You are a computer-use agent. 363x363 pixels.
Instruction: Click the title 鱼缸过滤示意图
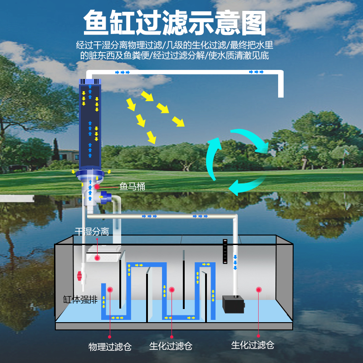pyautogui.click(x=174, y=23)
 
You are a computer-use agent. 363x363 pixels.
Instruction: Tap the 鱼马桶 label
pyautogui.click(x=132, y=186)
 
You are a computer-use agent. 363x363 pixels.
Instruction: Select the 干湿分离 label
pyautogui.click(x=92, y=231)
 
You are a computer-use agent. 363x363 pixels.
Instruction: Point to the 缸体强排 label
pyautogui.click(x=81, y=299)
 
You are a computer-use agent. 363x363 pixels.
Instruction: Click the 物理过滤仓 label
pyautogui.click(x=110, y=346)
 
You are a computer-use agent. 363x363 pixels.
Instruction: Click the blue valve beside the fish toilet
pyautogui.click(x=107, y=197)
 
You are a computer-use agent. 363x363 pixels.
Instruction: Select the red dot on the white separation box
pyautogui.click(x=97, y=258)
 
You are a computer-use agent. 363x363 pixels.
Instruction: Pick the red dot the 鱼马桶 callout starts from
pyautogui.click(x=96, y=186)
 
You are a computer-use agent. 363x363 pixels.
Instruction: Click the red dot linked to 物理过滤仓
pyautogui.click(x=110, y=289)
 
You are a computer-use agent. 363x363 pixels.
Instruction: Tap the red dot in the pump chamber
pyautogui.click(x=259, y=289)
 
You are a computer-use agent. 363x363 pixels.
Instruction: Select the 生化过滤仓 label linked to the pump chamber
pyautogui.click(x=253, y=345)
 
